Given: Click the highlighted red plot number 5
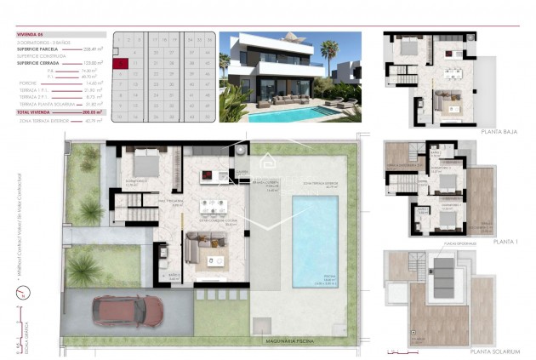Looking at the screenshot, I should [123, 63].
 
